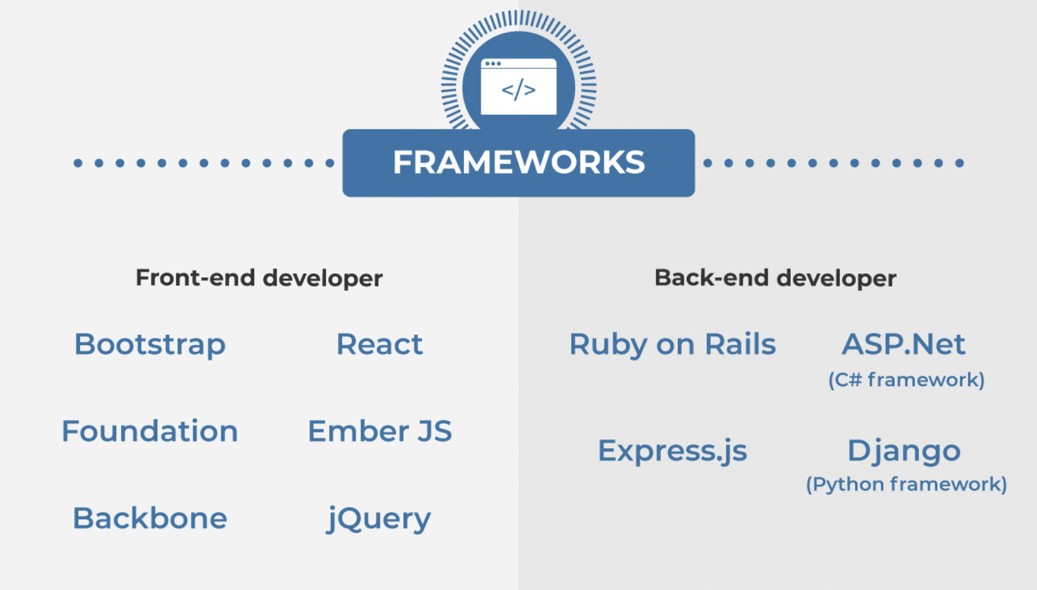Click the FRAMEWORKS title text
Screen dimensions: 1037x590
point(518,162)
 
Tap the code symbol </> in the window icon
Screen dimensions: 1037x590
point(518,89)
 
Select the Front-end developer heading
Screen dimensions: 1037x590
point(259,278)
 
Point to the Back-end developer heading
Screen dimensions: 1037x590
point(776,278)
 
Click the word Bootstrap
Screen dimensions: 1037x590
point(150,345)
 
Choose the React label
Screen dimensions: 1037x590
point(379,344)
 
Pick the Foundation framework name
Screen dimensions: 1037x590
point(150,431)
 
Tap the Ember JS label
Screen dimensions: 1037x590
point(379,431)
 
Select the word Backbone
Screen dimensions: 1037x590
point(150,517)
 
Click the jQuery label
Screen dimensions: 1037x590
point(379,519)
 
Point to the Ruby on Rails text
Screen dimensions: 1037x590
point(672,345)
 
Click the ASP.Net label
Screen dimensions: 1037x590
point(904,344)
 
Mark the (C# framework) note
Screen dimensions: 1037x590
point(906,380)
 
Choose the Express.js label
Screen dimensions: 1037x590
point(672,451)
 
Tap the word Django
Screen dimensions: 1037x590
point(904,452)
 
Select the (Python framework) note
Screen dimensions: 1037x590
point(906,485)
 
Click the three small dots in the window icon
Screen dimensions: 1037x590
point(492,63)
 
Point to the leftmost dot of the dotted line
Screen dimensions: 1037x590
point(78,163)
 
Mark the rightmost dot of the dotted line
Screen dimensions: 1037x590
point(959,163)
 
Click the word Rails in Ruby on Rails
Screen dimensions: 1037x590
point(740,344)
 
